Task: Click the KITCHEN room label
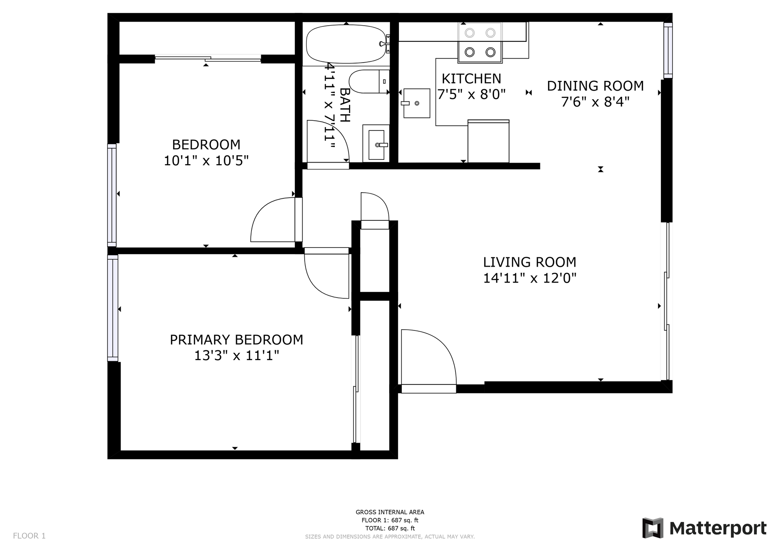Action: [x=471, y=78]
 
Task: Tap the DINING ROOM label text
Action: [x=595, y=86]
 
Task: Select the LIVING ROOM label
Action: [x=530, y=262]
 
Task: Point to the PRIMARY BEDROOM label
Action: [x=236, y=339]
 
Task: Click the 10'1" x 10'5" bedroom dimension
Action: [x=206, y=161]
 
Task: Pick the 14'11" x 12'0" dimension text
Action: [x=530, y=278]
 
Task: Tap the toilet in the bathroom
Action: [x=369, y=81]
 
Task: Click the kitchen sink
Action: [x=416, y=103]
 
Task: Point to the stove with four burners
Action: [x=480, y=43]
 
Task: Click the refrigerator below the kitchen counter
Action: [x=488, y=141]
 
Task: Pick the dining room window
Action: [x=668, y=50]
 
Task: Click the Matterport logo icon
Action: [x=653, y=528]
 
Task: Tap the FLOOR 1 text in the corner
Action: [x=29, y=536]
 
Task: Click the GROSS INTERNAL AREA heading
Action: [x=390, y=512]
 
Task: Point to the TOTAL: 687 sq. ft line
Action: [x=390, y=528]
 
